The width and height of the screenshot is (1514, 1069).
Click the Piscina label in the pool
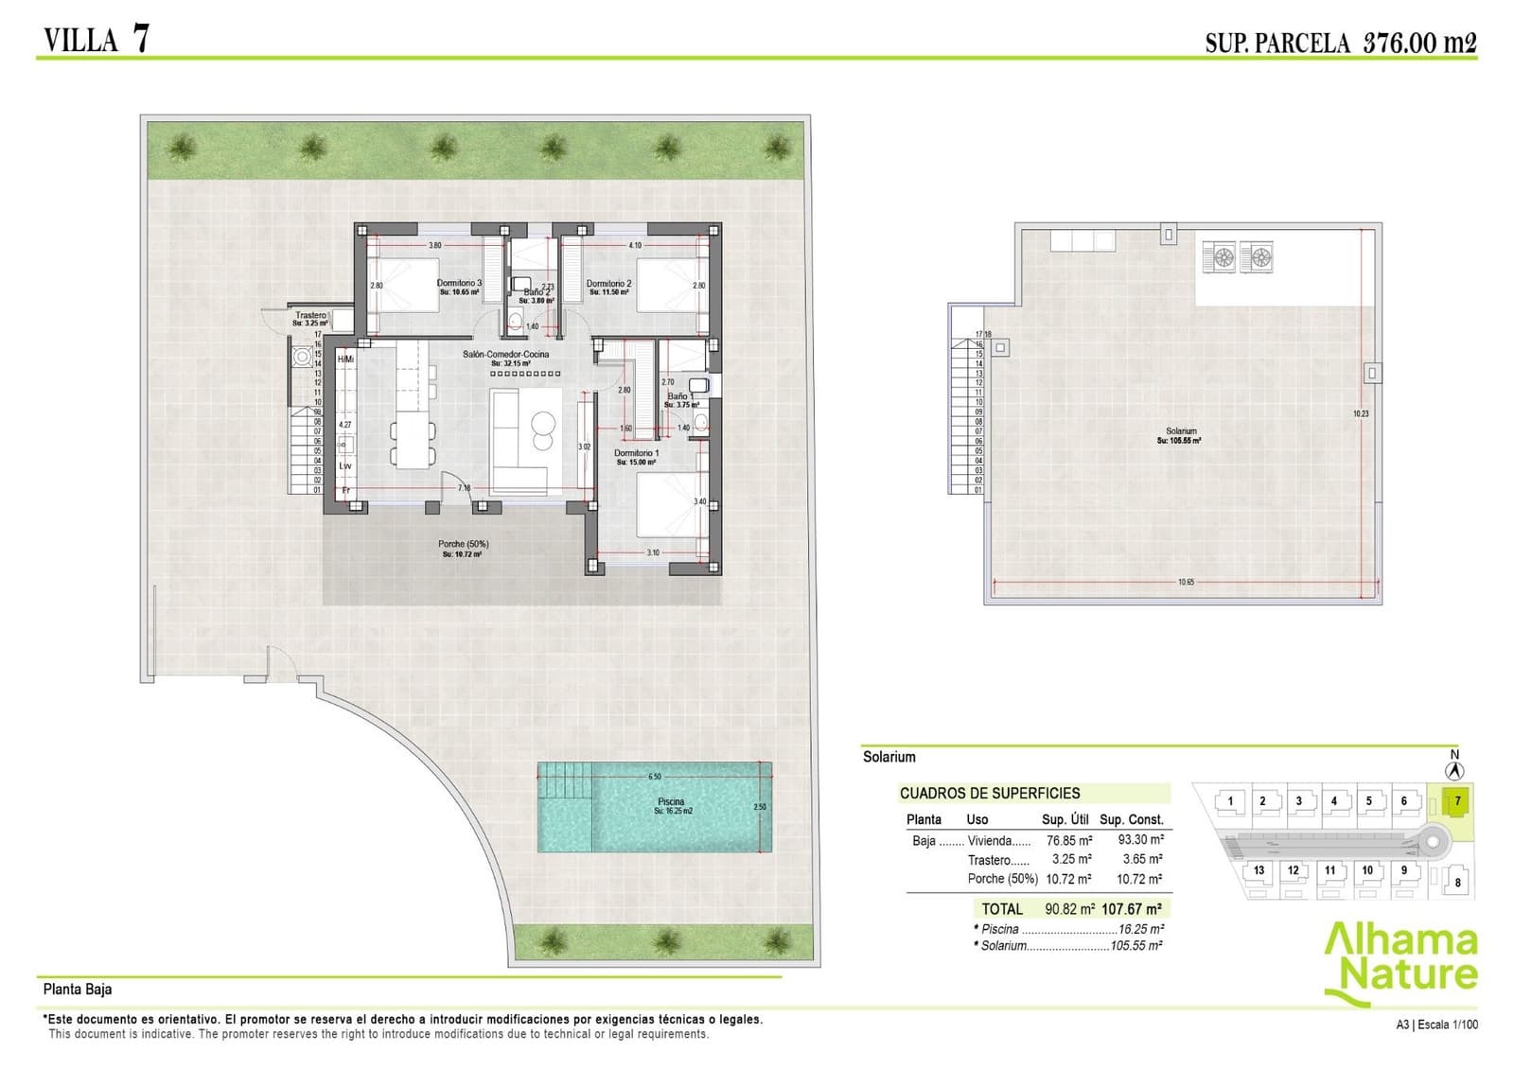[x=670, y=802]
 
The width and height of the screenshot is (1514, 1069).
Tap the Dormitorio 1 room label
[x=636, y=453]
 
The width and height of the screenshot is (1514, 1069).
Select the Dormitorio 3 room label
[x=459, y=283]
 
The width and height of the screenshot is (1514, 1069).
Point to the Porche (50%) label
[x=463, y=544]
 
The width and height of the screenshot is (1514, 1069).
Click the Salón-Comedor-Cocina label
[x=505, y=355]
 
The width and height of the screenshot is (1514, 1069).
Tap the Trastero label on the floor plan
[x=310, y=315]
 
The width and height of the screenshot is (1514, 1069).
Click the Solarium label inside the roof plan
[x=1181, y=431]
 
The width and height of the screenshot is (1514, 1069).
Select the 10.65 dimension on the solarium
[x=1186, y=582]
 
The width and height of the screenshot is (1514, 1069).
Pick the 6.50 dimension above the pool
[x=655, y=777]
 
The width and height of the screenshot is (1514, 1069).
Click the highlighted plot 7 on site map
[x=1457, y=801]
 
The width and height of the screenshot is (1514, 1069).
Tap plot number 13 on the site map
[x=1259, y=870]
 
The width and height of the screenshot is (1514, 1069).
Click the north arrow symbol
[x=1454, y=770]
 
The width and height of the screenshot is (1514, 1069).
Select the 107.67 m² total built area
[x=1132, y=908]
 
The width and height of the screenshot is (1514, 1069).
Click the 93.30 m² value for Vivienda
[x=1140, y=839]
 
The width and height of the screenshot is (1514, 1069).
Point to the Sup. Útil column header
[x=1065, y=819]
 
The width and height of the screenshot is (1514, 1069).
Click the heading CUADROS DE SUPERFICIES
[x=989, y=793]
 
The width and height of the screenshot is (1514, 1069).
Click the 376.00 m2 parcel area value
[x=1419, y=42]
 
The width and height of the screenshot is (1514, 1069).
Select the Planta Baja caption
[x=78, y=989]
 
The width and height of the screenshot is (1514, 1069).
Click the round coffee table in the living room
[x=543, y=422]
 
